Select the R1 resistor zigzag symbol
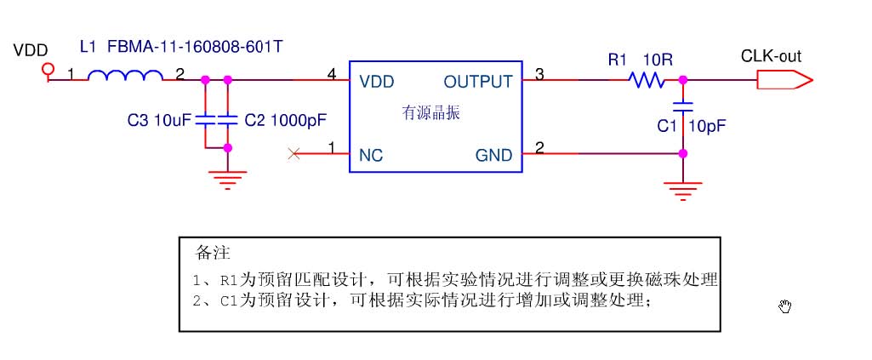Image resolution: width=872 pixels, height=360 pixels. (x=647, y=80)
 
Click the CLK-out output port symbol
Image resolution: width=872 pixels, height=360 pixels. (x=784, y=80)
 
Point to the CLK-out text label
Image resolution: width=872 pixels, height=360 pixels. (x=771, y=57)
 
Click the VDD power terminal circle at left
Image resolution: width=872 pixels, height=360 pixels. (x=48, y=68)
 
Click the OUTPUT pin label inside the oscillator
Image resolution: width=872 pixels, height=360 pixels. (x=478, y=82)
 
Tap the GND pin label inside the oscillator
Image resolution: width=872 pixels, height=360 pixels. (x=493, y=155)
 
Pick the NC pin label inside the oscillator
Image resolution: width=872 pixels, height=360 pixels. (x=371, y=155)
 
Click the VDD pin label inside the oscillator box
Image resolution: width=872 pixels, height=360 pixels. (x=376, y=82)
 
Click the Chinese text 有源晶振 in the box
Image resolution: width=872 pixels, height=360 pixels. (x=430, y=112)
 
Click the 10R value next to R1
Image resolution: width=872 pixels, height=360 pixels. (x=658, y=60)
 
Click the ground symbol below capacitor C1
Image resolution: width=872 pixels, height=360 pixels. (x=682, y=186)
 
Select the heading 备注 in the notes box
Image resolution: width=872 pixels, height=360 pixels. (x=213, y=253)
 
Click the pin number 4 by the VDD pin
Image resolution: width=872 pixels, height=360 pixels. (x=331, y=74)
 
